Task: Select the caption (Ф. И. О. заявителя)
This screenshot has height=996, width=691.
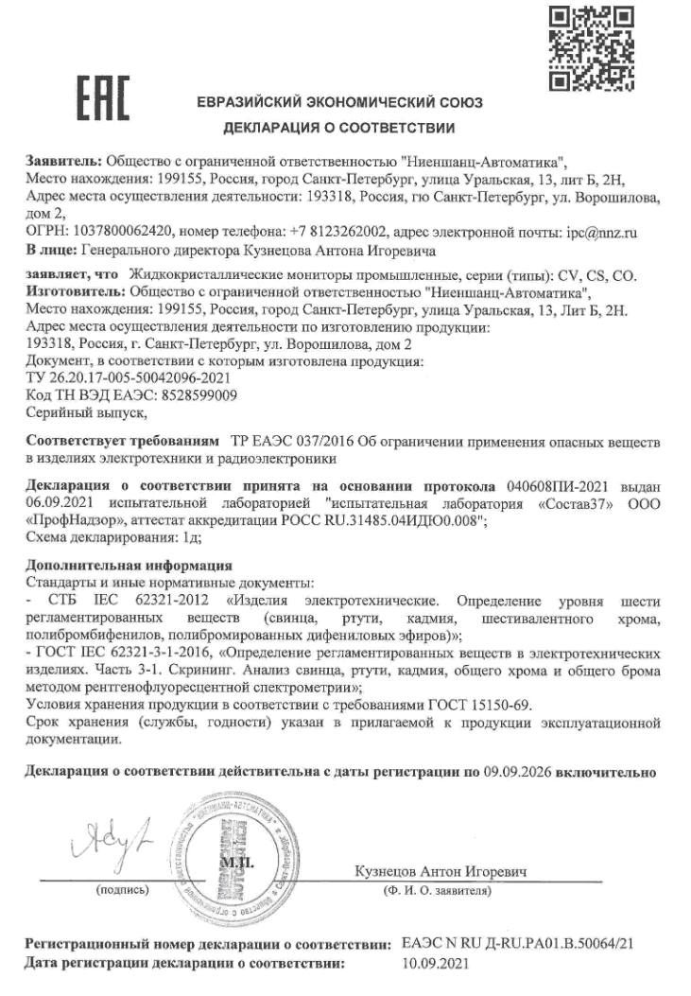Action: (437, 890)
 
